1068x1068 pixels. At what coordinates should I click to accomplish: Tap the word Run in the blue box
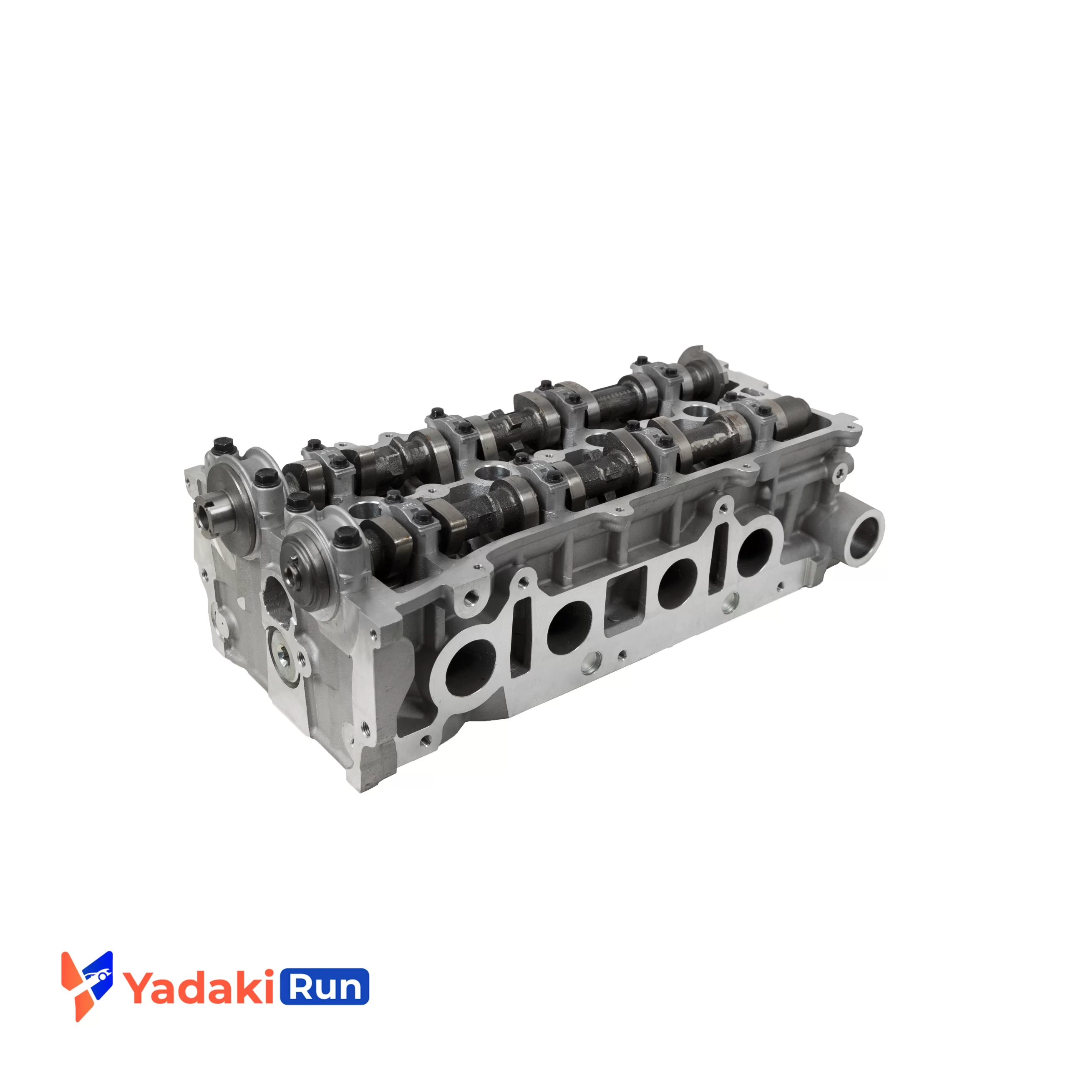click(325, 986)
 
